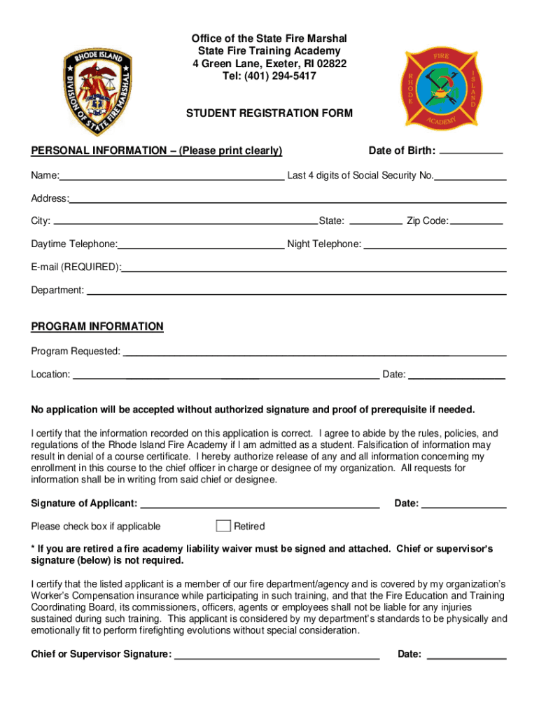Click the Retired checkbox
(223, 526)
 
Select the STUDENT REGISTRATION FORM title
(269, 113)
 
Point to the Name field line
(171, 178)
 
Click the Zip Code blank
(477, 223)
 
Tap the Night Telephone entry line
(435, 246)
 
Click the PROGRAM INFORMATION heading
(97, 326)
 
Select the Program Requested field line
(314, 353)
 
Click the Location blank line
(225, 376)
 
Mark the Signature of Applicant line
(260, 505)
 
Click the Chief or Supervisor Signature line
(276, 657)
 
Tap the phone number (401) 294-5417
(269, 76)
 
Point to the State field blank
(375, 223)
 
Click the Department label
(57, 290)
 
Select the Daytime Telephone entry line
(201, 246)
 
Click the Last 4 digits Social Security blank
(470, 178)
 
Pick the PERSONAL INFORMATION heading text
(156, 151)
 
